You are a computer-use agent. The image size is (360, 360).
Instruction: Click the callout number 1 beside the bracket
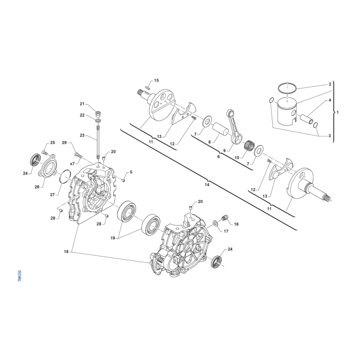pyautogui.click(x=339, y=111)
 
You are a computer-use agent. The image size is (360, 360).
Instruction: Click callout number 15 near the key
pyautogui.click(x=157, y=81)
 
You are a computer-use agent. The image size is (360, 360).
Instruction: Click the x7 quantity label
pyautogui.click(x=72, y=163)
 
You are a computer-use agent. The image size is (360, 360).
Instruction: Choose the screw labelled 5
pyautogui.click(x=122, y=180)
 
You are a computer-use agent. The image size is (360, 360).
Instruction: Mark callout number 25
pyautogui.click(x=53, y=143)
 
